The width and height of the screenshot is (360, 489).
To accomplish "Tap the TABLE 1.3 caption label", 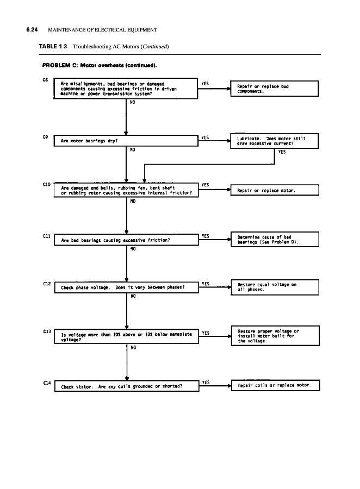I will (x=53, y=47).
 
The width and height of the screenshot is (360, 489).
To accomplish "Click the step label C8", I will (x=45, y=80).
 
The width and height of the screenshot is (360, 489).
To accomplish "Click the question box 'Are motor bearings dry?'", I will (x=126, y=141).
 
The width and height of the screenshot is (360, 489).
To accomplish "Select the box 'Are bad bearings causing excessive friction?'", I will (x=126, y=240).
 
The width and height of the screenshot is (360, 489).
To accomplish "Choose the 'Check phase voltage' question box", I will (x=126, y=288).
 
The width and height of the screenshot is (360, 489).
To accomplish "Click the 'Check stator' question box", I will (x=126, y=387).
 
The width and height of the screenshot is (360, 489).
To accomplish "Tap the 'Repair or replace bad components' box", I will (x=275, y=89).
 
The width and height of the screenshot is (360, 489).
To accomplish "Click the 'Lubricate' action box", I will (x=275, y=141).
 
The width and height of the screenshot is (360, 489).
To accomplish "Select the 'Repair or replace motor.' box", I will (x=275, y=190).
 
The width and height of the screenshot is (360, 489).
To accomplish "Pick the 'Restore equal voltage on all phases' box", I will (x=275, y=287).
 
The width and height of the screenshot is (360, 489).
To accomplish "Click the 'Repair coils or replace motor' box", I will (x=275, y=385).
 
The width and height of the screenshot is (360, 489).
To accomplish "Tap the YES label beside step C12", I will (x=206, y=284).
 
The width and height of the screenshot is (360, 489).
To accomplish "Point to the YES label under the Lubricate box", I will (x=282, y=152).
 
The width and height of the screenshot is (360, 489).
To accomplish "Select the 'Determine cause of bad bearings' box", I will (x=275, y=240).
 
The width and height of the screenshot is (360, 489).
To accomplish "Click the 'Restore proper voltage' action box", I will (x=275, y=336).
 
